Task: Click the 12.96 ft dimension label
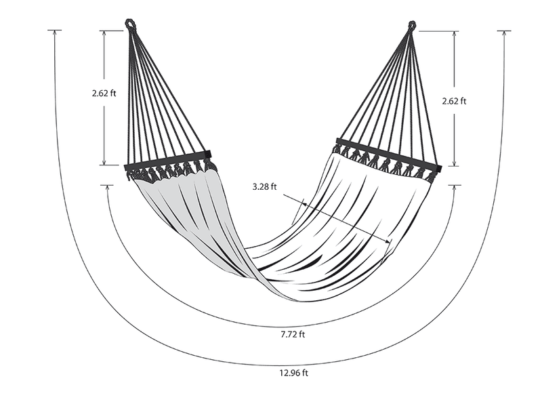coord(293,373)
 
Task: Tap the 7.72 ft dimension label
coord(293,334)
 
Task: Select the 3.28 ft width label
coord(264,187)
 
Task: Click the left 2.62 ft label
coord(104,93)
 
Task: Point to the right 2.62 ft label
coord(454,101)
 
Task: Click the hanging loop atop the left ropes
coord(130,24)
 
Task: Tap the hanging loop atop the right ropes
coord(412,25)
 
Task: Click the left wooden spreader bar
coord(167,161)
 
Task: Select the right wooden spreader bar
coord(389,155)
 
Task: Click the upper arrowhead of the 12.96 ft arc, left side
coord(55,33)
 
